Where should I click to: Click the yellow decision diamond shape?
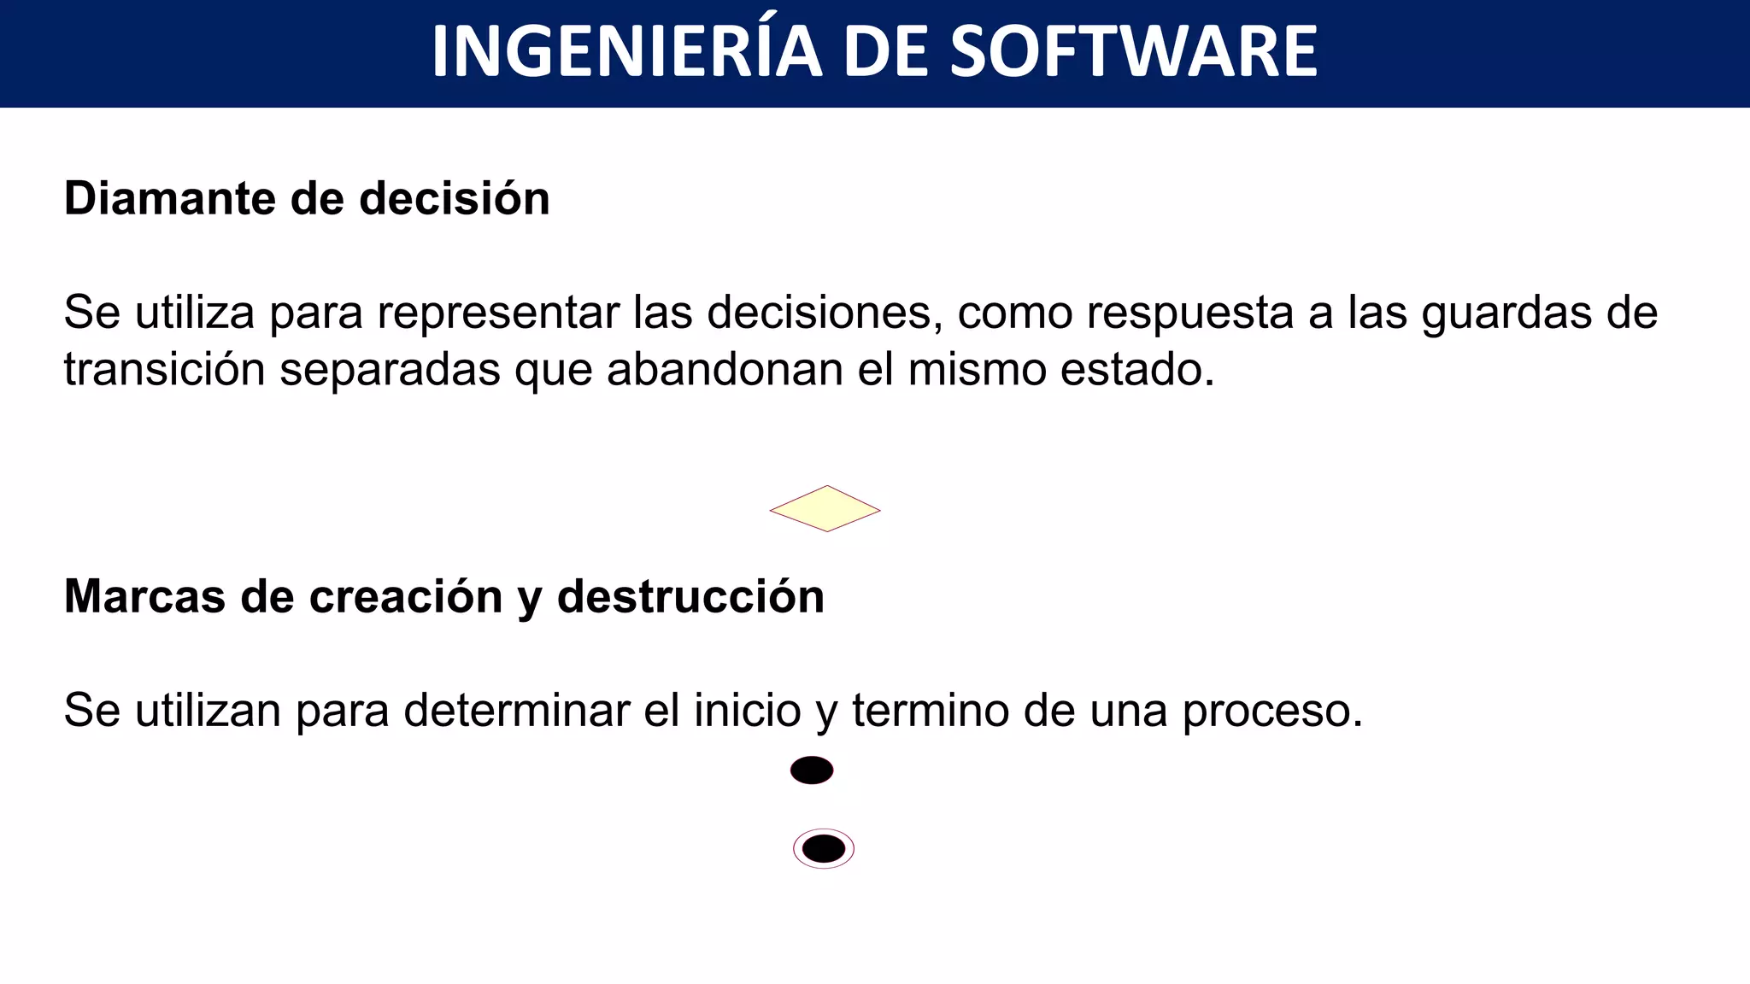pyautogui.click(x=825, y=509)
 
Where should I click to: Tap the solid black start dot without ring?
pyautogui.click(x=812, y=770)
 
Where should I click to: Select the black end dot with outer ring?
pyautogui.click(x=824, y=849)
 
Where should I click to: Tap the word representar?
pyautogui.click(x=498, y=313)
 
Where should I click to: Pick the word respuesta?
pyautogui.click(x=1190, y=313)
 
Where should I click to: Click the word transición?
pyautogui.click(x=164, y=371)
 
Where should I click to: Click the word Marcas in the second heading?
pyautogui.click(x=144, y=596)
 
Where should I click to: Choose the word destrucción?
pyautogui.click(x=690, y=596)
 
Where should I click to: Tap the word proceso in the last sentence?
pyautogui.click(x=1271, y=711)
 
